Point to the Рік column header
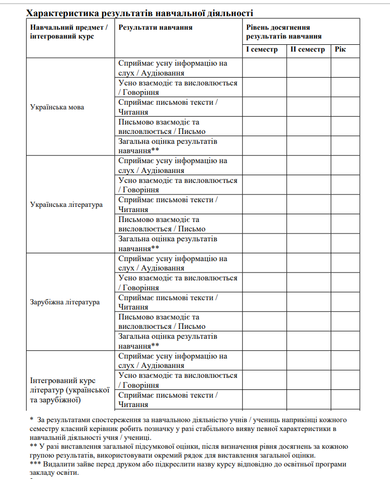coord(340,50)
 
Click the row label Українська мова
coord(57,107)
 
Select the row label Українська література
coord(67,205)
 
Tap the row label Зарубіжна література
coord(65,302)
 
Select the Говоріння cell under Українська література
coord(178,185)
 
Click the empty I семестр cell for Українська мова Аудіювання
coord(264,68)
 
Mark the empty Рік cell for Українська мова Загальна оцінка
coord(345,146)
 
